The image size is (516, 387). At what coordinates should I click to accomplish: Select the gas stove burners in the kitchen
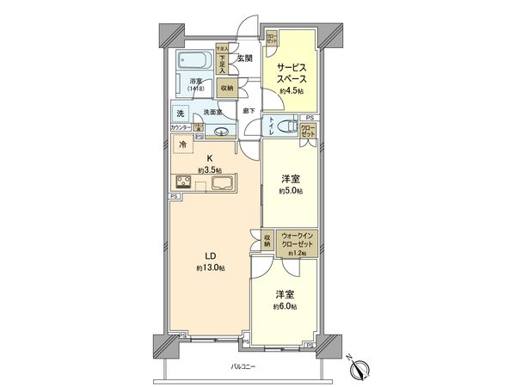pos(186,181)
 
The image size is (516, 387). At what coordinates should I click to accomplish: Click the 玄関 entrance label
pos(244,58)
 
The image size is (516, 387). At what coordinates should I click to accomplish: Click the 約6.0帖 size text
pos(285,306)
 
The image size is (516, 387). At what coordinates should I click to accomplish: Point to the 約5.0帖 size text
pos(290,192)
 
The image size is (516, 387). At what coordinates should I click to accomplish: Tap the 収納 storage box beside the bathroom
pos(225,87)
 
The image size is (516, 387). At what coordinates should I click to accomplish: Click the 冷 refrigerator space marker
pos(182,145)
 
